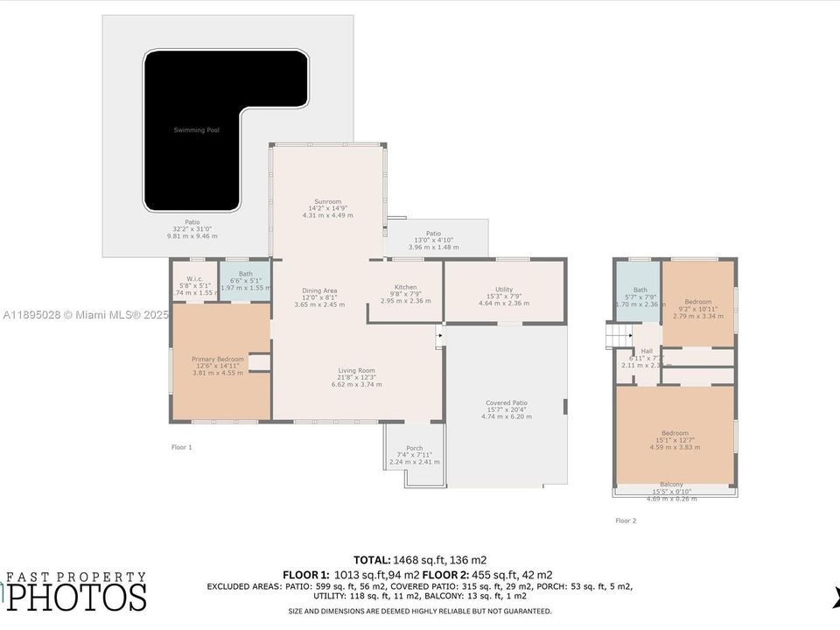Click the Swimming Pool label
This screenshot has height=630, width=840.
tap(195, 130)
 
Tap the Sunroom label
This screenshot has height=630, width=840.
tap(327, 201)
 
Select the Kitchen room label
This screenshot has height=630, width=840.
tap(405, 287)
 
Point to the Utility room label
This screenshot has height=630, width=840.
tap(503, 289)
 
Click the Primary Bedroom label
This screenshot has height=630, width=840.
tap(218, 359)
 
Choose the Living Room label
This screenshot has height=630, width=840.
tap(356, 371)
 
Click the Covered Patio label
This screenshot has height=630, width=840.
tap(507, 403)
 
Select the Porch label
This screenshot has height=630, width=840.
tap(414, 449)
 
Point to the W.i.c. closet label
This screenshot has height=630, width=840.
tap(194, 279)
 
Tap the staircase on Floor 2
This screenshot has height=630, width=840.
tap(619, 333)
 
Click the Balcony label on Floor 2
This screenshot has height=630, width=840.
tap(671, 485)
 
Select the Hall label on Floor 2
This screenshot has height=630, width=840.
tap(647, 352)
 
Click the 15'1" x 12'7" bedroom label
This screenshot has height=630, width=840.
tap(675, 433)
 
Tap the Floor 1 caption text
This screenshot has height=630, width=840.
tap(181, 447)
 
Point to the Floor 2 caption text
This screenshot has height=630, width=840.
tap(626, 521)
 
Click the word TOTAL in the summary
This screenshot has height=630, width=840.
tap(372, 559)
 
